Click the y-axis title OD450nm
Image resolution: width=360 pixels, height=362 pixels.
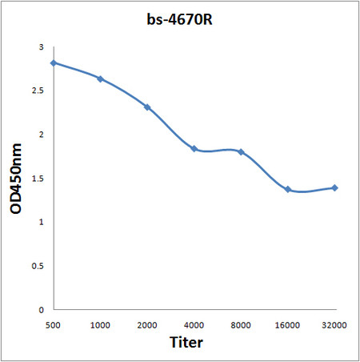click(16, 179)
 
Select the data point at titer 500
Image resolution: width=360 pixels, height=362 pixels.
click(54, 62)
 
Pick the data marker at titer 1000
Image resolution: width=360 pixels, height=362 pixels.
click(100, 78)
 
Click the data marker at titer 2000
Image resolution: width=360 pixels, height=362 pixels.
click(147, 107)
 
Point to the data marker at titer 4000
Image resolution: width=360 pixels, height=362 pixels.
click(194, 148)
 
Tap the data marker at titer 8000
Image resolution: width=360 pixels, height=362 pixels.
click(241, 151)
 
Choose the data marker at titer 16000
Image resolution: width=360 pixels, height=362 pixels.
click(288, 189)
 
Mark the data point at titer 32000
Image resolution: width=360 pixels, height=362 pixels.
click(334, 187)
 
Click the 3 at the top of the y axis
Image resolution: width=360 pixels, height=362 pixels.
click(41, 48)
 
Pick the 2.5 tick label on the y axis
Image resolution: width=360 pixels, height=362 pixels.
click(38, 91)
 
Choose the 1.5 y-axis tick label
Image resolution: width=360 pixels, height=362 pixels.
click(38, 179)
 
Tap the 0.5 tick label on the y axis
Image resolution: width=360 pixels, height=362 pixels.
click(38, 266)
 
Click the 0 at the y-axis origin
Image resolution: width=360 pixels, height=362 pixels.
click(41, 309)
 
